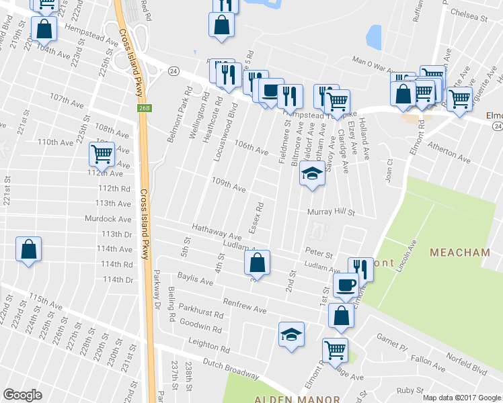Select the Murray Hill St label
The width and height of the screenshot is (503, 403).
tap(330, 212)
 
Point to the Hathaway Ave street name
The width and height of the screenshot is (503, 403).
tap(217, 232)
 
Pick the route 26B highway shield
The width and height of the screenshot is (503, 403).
tap(145, 107)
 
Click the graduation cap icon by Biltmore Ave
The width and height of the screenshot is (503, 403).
tap(311, 174)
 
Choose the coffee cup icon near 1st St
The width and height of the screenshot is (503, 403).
tap(346, 285)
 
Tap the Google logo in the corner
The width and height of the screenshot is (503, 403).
tap(22, 395)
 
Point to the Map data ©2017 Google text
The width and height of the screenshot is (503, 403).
tap(462, 398)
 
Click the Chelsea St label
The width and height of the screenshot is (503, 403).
tap(468, 14)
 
